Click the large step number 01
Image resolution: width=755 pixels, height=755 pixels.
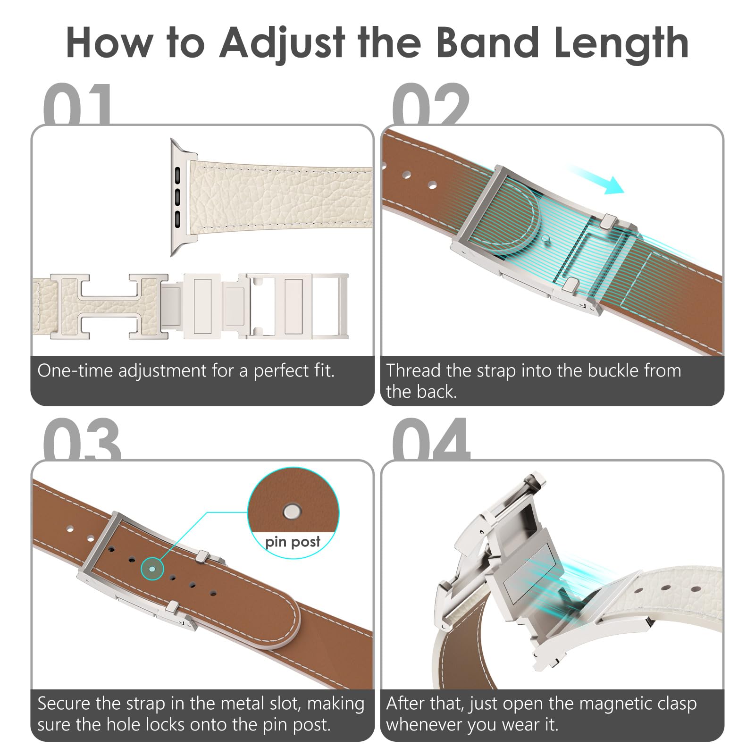tap(78, 104)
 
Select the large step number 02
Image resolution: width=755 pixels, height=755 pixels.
tap(430, 104)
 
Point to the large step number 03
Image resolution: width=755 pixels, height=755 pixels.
tap(82, 439)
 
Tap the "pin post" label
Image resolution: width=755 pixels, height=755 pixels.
tap(293, 542)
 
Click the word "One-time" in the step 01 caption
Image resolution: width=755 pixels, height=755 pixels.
tap(75, 371)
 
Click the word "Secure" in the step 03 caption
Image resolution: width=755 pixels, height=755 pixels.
tap(64, 704)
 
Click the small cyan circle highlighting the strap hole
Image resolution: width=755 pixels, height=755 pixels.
tap(152, 569)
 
